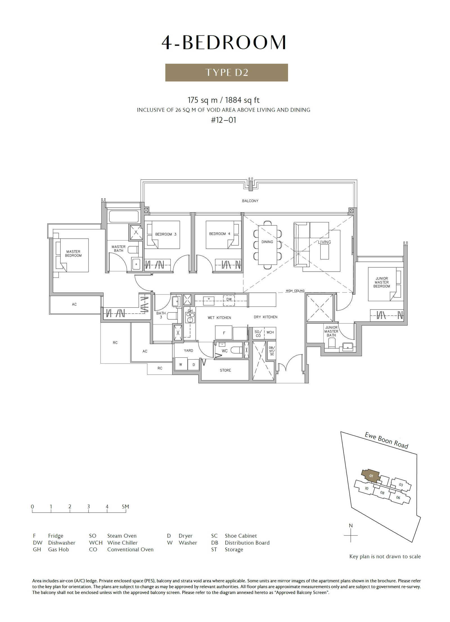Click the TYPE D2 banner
point(226,73)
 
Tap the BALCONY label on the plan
point(250,201)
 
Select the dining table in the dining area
point(267,245)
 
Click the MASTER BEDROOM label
point(73,254)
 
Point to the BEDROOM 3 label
point(166,234)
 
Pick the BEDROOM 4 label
point(220,234)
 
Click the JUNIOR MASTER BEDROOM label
point(382,282)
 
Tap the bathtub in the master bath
point(124,216)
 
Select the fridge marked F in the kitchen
point(224,333)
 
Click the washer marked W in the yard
point(181,364)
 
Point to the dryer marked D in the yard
point(193,365)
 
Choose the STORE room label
point(225,370)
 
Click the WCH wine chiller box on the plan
point(270,332)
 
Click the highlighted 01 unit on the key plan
point(371,476)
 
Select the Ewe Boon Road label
point(386,440)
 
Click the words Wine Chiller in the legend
point(122,543)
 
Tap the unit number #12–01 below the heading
point(224,120)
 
